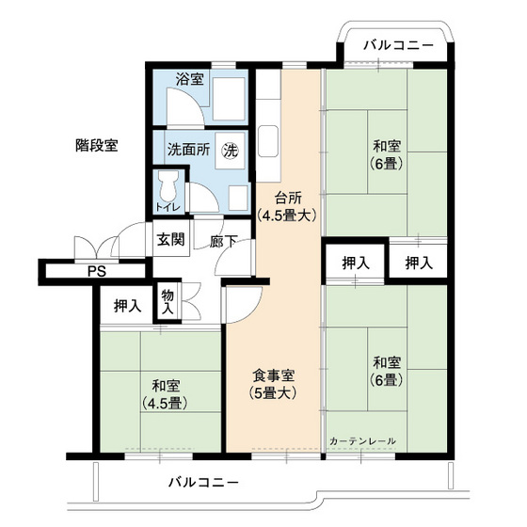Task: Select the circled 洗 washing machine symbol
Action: [x=230, y=149]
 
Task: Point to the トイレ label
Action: [x=168, y=207]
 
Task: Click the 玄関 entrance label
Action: [x=170, y=238]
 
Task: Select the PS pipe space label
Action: [x=96, y=273]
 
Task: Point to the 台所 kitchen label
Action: [x=288, y=198]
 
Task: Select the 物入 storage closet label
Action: [x=168, y=301]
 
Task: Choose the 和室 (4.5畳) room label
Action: [x=164, y=395]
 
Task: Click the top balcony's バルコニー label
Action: [x=398, y=43]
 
